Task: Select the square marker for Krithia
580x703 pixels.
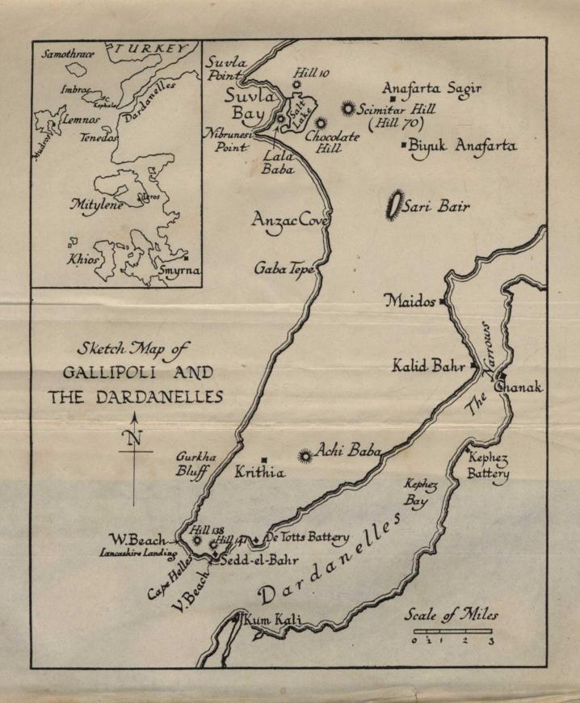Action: [x=264, y=460]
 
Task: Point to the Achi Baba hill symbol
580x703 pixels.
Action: [x=305, y=457]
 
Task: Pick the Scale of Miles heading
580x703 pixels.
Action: [x=452, y=615]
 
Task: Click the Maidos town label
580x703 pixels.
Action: [x=410, y=301]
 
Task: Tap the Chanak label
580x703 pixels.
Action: [x=518, y=389]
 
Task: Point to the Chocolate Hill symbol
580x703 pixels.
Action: [x=320, y=123]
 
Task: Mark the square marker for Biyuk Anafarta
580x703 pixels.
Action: [x=404, y=145]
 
